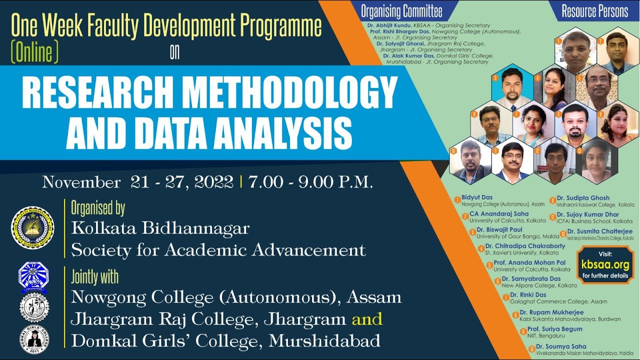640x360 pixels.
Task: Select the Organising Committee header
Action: click(401, 11)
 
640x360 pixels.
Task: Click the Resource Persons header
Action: click(594, 11)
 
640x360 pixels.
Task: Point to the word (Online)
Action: click(34, 52)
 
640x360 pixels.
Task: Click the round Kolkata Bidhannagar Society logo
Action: click(32, 228)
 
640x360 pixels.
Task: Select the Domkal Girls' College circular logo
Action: click(33, 339)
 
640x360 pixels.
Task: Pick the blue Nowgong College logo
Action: click(33, 276)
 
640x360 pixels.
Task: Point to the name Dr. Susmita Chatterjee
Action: click(599, 232)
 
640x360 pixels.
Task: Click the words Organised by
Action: click(98, 207)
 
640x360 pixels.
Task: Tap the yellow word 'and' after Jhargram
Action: click(367, 318)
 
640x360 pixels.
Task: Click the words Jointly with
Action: click(95, 276)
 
